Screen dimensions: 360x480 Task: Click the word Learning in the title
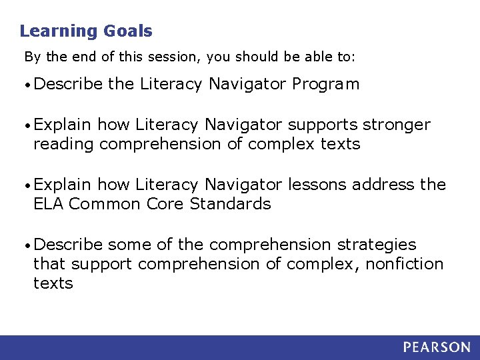(59, 31)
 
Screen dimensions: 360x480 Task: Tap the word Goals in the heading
(127, 31)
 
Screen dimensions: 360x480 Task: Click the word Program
(327, 85)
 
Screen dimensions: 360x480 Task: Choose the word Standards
(231, 204)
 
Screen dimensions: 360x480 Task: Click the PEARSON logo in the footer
(436, 347)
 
